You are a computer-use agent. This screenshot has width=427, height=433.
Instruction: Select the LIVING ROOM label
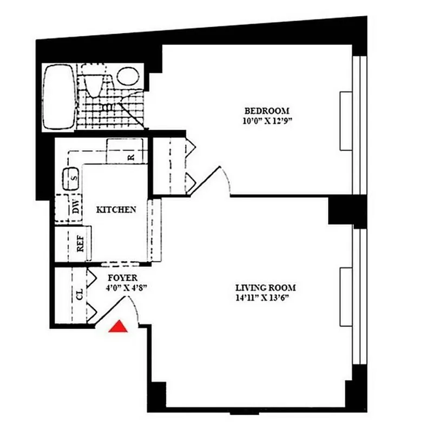265,287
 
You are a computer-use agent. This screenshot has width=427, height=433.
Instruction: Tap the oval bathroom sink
128,76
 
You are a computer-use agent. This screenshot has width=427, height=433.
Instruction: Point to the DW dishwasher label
76,206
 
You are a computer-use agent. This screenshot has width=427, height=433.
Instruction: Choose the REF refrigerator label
81,244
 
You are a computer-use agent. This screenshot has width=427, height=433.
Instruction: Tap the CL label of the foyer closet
80,295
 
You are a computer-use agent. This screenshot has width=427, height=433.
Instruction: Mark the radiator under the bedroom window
345,121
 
